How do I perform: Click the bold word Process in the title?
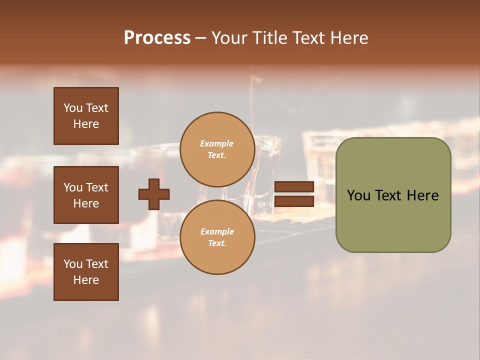click(x=157, y=37)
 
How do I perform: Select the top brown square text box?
click(x=86, y=116)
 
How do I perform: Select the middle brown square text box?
click(x=86, y=195)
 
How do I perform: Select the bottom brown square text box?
click(x=86, y=272)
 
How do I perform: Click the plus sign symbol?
click(x=154, y=194)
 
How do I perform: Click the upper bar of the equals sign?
click(x=294, y=186)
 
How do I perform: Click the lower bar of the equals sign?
click(x=294, y=201)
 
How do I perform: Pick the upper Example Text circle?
click(x=217, y=149)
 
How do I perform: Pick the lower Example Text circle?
click(x=217, y=237)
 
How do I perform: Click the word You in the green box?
click(x=358, y=195)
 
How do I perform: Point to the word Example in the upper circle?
click(x=217, y=143)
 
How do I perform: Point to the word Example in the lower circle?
click(x=217, y=231)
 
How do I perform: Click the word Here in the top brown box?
click(x=86, y=124)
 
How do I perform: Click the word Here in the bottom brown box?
click(x=86, y=280)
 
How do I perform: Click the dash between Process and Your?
click(x=200, y=38)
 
